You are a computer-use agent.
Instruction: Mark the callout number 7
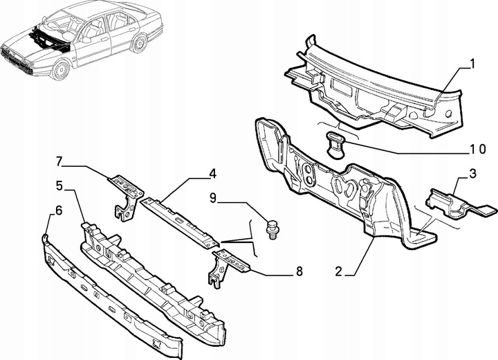[x=59, y=162]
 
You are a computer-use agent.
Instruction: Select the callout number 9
[x=215, y=198]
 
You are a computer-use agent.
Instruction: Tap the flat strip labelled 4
[x=181, y=219]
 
